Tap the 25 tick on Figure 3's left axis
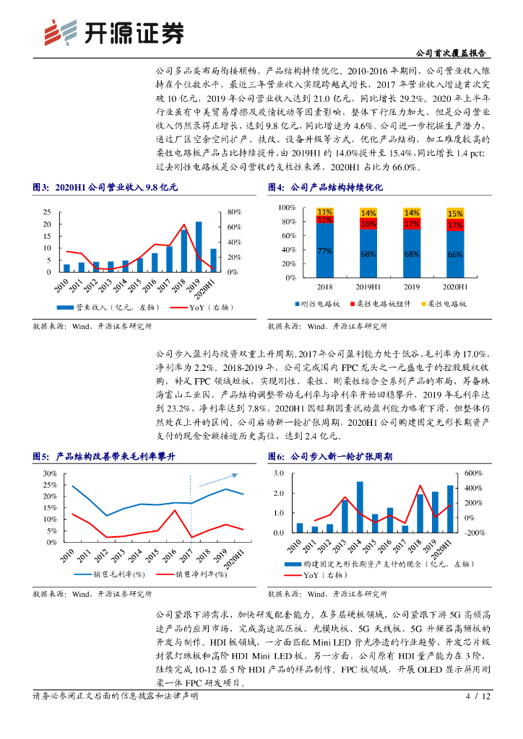point(47,212)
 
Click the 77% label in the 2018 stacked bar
point(324,250)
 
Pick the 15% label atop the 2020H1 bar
point(455,214)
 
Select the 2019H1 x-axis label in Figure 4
point(368,287)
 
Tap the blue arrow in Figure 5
point(217,480)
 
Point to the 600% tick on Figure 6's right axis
point(472,473)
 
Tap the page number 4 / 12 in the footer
point(477,696)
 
